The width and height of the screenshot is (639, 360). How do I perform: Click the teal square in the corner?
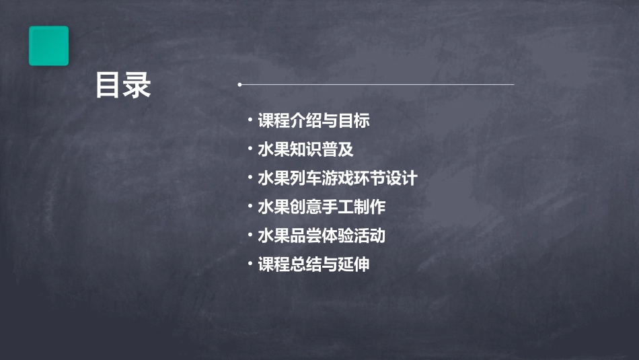48,46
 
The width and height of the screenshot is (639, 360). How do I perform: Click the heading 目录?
123,85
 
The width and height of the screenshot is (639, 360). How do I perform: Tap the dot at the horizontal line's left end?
239,85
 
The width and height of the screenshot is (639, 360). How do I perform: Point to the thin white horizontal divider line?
377,85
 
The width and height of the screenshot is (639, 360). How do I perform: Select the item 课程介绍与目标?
313,121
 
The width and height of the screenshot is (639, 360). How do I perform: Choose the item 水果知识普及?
305,149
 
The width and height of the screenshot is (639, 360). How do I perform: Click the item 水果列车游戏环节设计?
338,178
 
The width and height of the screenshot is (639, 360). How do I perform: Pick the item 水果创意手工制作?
322,207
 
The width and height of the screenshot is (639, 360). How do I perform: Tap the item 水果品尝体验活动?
322,236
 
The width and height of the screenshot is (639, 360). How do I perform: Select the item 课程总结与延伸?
313,264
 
